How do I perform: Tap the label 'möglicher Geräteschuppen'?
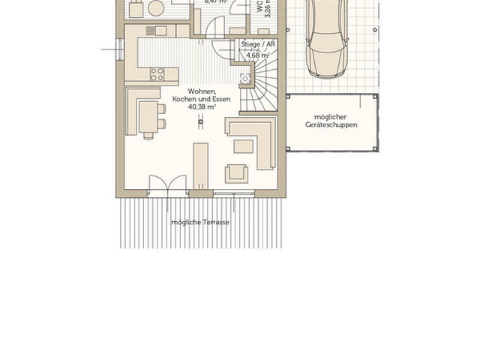pyautogui.click(x=331, y=121)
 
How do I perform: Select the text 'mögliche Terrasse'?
pyautogui.click(x=199, y=223)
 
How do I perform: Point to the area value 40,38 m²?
pyautogui.click(x=202, y=107)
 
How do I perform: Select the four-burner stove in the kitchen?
pyautogui.click(x=158, y=73)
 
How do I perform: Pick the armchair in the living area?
pyautogui.click(x=237, y=172)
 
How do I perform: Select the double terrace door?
pyautogui.click(x=167, y=186)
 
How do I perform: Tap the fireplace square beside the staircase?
pyautogui.click(x=244, y=78)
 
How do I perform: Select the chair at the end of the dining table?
pyautogui.click(x=148, y=136)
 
